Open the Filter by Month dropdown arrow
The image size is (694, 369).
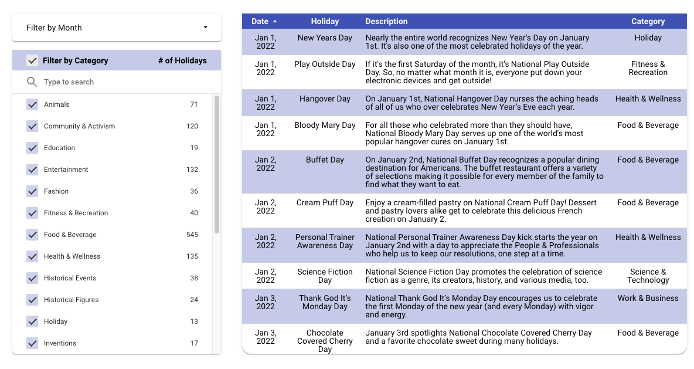[x=205, y=28]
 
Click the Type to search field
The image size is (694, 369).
[x=117, y=82]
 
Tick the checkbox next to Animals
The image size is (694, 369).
[x=32, y=104]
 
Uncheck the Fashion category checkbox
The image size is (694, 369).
[x=32, y=191]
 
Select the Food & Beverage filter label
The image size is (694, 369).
[x=70, y=235]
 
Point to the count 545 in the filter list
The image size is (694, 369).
[x=192, y=235]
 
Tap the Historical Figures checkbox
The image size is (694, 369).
[x=32, y=300]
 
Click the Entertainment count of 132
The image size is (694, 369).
[x=192, y=170]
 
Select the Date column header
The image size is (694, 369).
[x=260, y=21]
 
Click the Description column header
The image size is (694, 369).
[x=386, y=21]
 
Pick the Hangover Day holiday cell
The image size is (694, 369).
[x=325, y=99]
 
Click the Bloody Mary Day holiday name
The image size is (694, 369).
[x=325, y=125]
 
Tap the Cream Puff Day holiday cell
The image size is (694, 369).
[x=325, y=202]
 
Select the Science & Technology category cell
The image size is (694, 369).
[x=648, y=276]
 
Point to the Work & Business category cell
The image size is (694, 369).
[x=648, y=298]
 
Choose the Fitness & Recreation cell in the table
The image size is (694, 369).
[x=648, y=68]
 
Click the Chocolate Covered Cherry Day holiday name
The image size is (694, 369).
[x=325, y=341]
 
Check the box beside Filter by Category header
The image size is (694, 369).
[x=32, y=60]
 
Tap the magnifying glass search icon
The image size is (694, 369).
[x=32, y=82]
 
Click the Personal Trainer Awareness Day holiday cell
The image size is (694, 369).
[x=325, y=241]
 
